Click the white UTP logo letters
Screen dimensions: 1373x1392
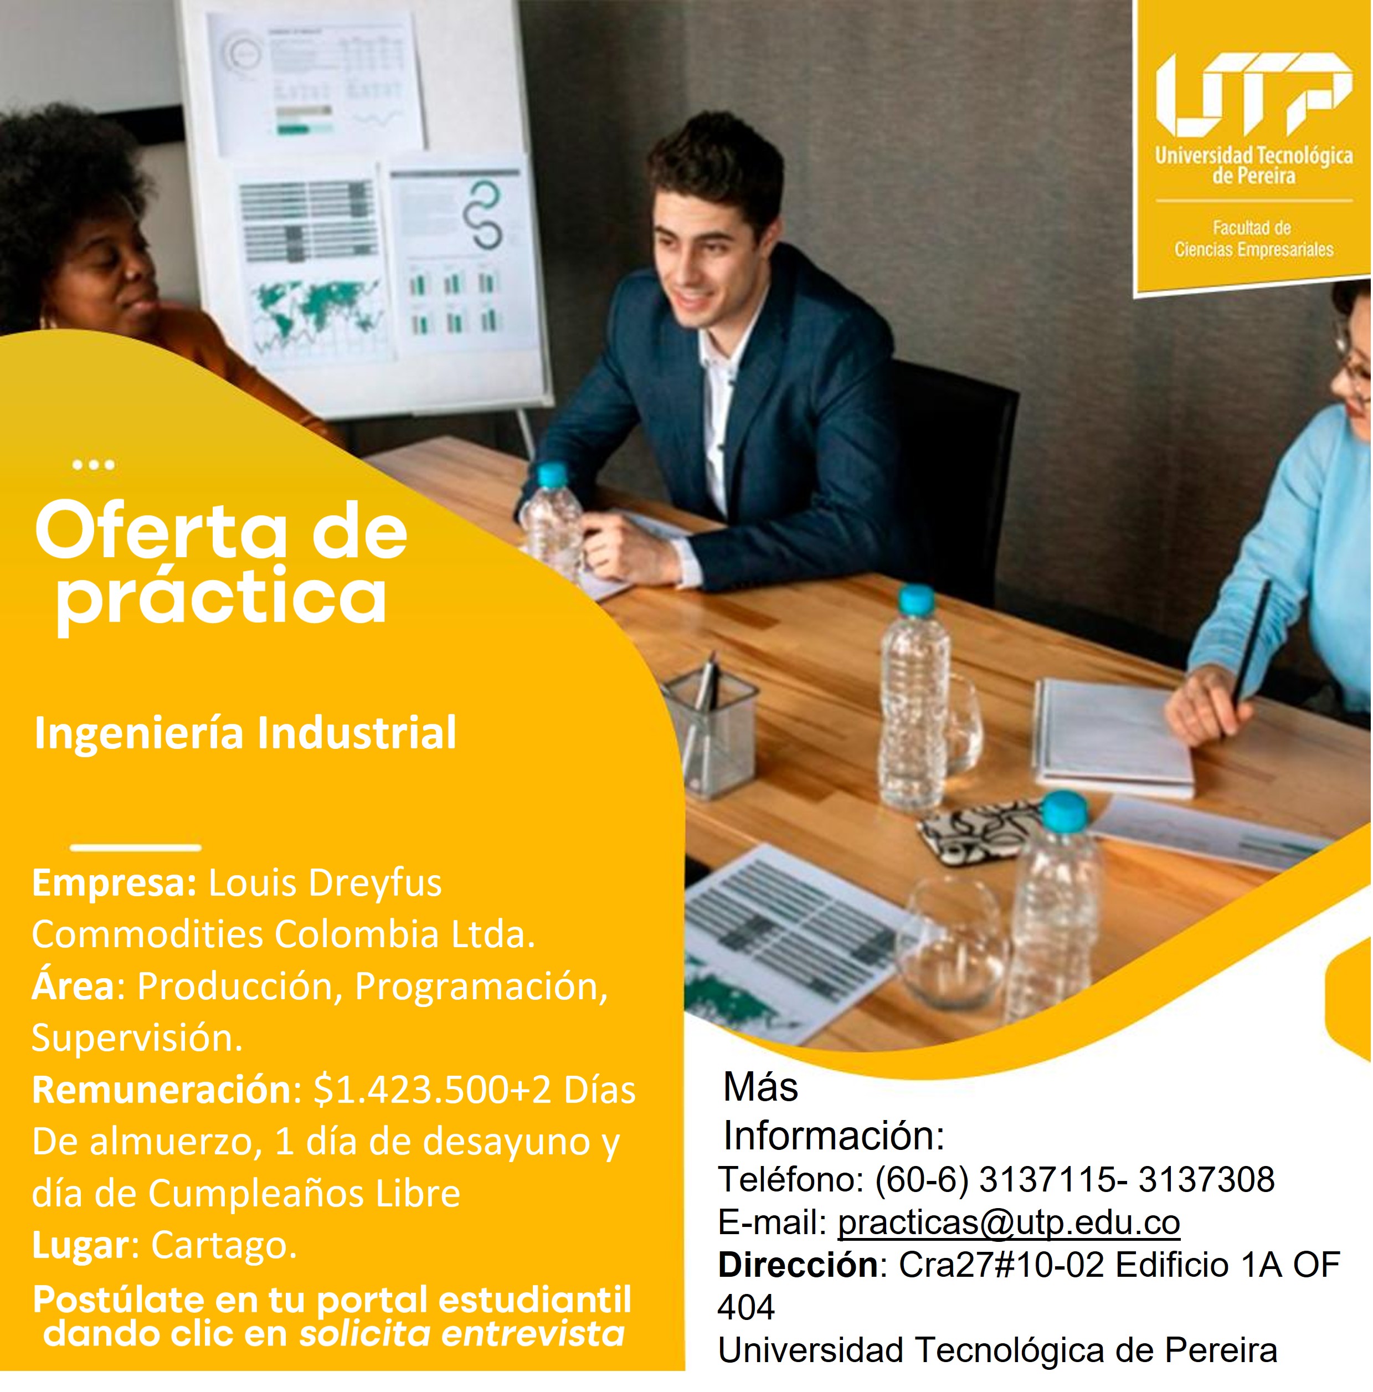(1253, 94)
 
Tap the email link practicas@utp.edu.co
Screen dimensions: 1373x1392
(1009, 1222)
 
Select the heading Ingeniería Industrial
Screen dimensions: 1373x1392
(245, 733)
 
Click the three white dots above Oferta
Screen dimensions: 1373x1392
(94, 465)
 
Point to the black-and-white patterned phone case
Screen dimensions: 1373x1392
(980, 829)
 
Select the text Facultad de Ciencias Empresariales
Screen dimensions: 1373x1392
(1253, 239)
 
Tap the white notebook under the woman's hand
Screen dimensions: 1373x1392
(1113, 738)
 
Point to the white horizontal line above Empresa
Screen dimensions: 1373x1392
(136, 847)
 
